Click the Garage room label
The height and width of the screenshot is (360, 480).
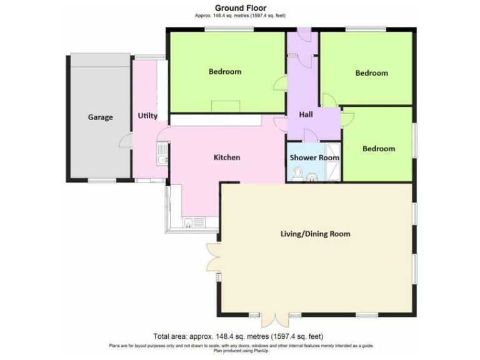click(x=100, y=117)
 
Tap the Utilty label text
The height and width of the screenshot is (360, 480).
click(x=147, y=116)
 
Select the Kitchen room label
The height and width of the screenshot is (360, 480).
click(x=227, y=157)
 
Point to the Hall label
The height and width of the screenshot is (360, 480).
click(x=306, y=115)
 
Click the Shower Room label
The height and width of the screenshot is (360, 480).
click(x=314, y=157)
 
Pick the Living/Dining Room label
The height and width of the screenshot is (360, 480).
click(x=315, y=234)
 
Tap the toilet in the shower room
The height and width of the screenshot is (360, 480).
click(x=297, y=173)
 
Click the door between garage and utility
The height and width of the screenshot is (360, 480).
click(x=125, y=141)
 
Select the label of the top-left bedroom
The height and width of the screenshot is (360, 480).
click(x=225, y=72)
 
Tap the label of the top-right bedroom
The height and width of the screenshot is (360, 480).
click(x=372, y=73)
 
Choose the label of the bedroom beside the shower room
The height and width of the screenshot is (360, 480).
click(x=379, y=149)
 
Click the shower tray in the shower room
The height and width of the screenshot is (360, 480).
click(x=334, y=169)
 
